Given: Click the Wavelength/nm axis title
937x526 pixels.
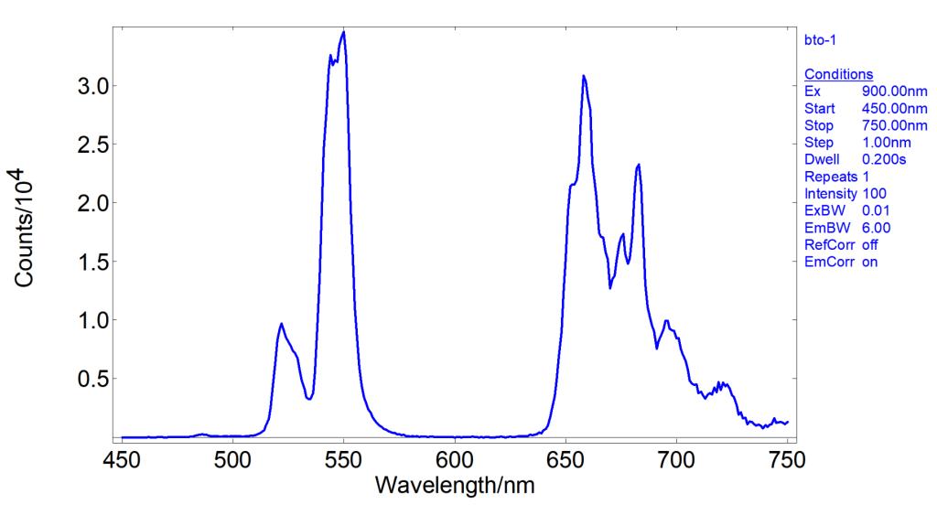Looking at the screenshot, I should [x=454, y=486].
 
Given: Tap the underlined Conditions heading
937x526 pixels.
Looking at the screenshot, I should [x=838, y=74].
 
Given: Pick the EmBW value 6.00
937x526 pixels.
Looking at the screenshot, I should [x=877, y=228].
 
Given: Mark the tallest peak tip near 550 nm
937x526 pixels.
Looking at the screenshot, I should [x=343, y=32].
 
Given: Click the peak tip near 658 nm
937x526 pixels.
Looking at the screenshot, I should [x=584, y=77].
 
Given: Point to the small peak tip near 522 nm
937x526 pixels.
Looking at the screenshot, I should [x=281, y=324].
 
